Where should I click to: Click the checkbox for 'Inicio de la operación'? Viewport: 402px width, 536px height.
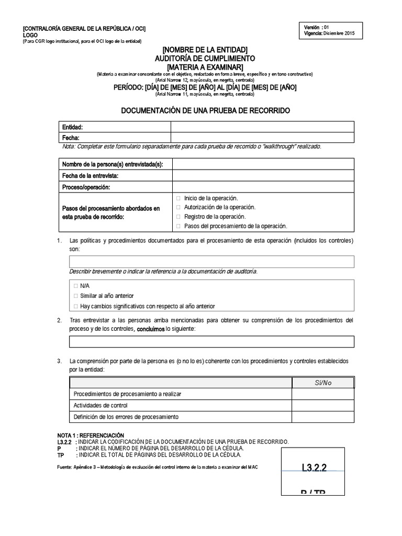click(x=179, y=198)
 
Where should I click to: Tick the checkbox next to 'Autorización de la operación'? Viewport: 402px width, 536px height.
click(x=179, y=207)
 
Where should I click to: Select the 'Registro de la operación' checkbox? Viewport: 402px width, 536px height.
click(x=179, y=216)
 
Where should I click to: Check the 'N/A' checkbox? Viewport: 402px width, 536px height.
click(x=76, y=286)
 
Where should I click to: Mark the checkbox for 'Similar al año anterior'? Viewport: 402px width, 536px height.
click(x=76, y=296)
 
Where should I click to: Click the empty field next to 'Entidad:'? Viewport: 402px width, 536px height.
click(x=262, y=127)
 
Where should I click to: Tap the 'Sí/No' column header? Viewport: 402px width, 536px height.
click(x=323, y=383)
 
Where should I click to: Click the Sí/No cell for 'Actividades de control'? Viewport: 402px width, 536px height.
click(x=323, y=405)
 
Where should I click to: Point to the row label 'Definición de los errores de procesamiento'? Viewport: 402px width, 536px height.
click(x=126, y=417)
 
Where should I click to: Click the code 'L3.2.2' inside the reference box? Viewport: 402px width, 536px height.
click(x=314, y=467)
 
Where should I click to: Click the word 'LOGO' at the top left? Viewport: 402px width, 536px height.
click(x=30, y=35)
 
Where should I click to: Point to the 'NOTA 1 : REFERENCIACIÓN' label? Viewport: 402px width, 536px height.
click(x=90, y=435)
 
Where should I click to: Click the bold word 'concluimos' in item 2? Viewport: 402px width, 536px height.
click(x=150, y=329)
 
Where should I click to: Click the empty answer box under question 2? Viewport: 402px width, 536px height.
click(x=211, y=342)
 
